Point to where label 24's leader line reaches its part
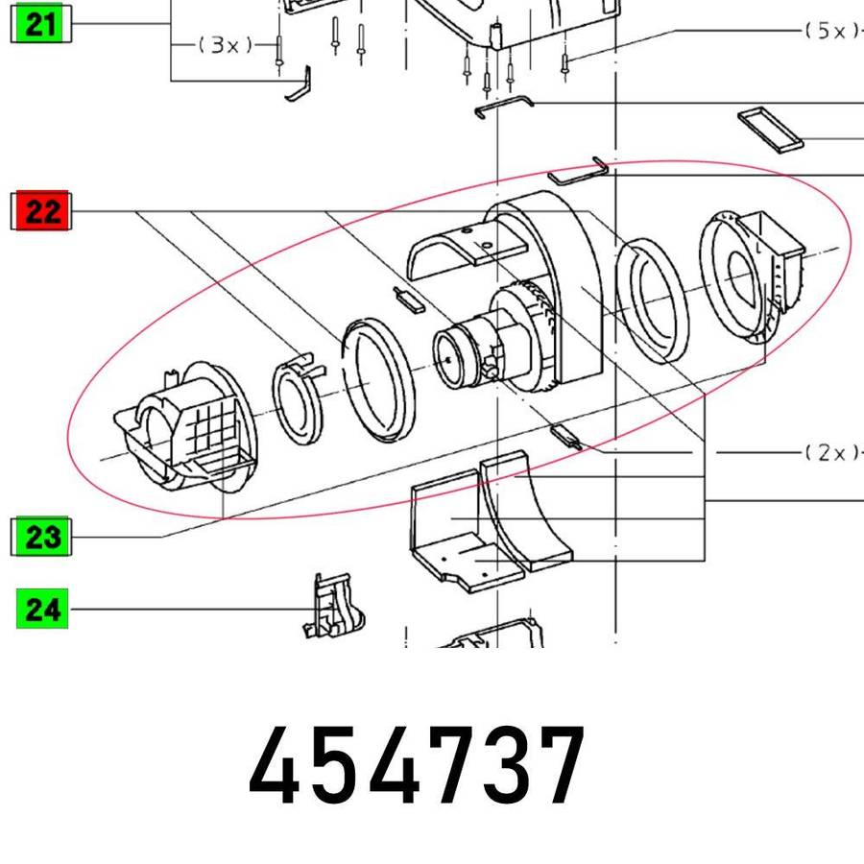(x=316, y=609)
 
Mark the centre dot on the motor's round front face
(x=448, y=360)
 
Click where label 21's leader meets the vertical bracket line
(x=172, y=24)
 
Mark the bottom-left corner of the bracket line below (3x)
(x=172, y=81)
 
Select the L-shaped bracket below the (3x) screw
(x=299, y=84)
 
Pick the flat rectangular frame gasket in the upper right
(x=770, y=130)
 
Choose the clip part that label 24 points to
(x=333, y=606)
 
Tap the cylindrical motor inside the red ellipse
(x=485, y=348)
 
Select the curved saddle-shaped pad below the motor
(x=525, y=511)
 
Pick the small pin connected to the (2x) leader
(x=565, y=437)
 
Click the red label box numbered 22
(x=41, y=210)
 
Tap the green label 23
(x=41, y=536)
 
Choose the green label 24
(x=42, y=609)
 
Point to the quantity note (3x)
(x=226, y=44)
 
